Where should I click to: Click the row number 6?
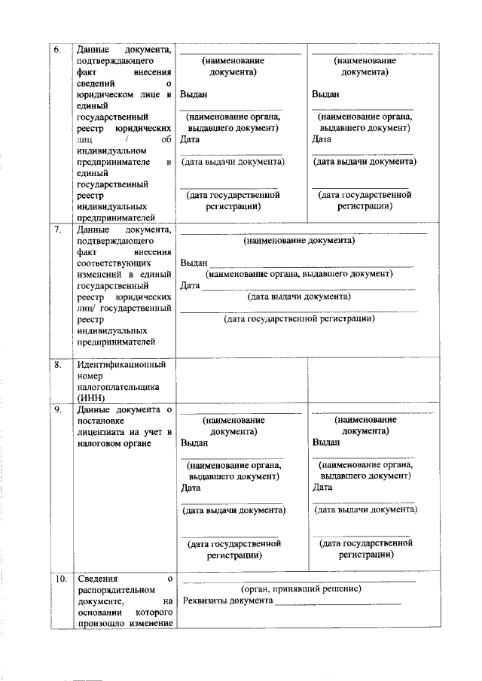tap(57, 50)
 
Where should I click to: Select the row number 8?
tap(57, 365)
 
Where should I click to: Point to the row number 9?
tap(57, 409)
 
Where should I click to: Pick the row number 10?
tap(59, 579)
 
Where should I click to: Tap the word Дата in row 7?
tap(190, 285)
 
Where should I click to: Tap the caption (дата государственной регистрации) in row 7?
tap(299, 319)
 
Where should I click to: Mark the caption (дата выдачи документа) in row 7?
tap(299, 296)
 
